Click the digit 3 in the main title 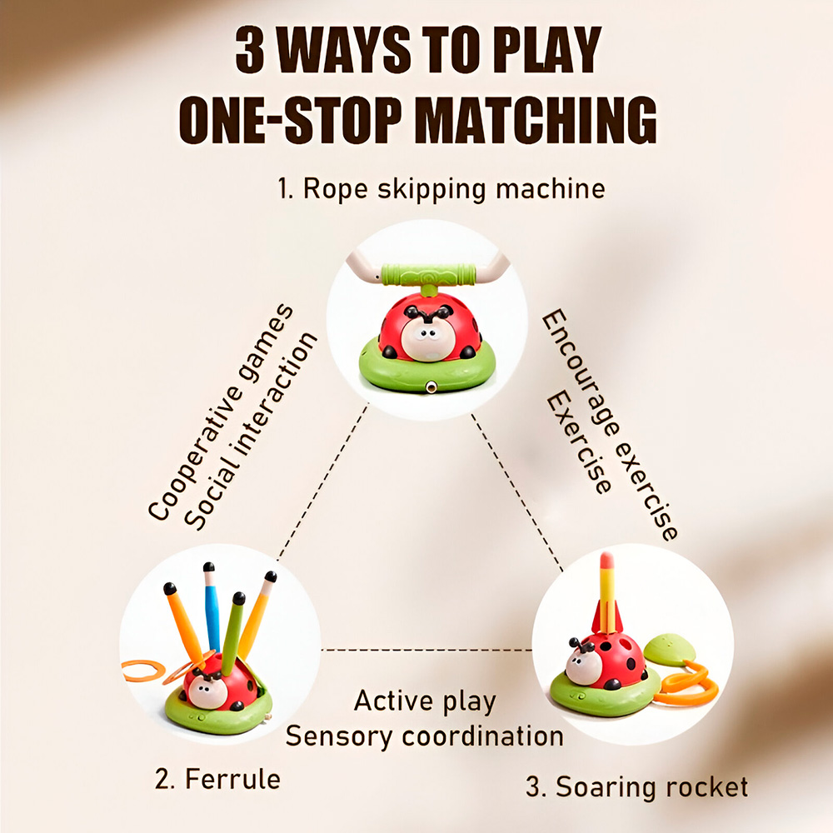click(x=250, y=50)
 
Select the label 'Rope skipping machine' click(x=454, y=189)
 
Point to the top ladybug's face click(x=425, y=339)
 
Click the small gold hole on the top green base click(x=431, y=387)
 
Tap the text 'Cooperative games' click(x=221, y=412)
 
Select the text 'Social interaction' click(x=251, y=431)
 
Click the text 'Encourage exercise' click(x=610, y=425)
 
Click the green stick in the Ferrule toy click(x=232, y=632)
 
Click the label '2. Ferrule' click(x=217, y=780)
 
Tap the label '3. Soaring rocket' click(x=636, y=787)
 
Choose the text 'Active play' click(x=425, y=701)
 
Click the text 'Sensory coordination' click(x=425, y=736)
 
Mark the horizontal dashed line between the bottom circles click(x=426, y=649)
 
